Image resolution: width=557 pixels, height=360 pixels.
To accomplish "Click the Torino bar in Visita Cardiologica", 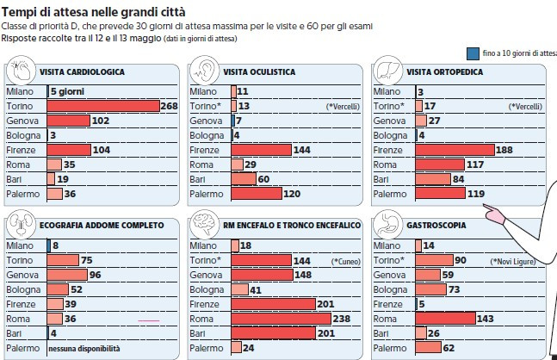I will (103, 106).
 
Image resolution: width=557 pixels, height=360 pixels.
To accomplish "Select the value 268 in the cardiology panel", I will (169, 106).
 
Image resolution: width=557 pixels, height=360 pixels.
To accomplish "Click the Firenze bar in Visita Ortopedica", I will (455, 150).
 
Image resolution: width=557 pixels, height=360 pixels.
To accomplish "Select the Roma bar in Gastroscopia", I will (445, 319).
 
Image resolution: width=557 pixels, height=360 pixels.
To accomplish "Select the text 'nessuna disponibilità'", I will (84, 349).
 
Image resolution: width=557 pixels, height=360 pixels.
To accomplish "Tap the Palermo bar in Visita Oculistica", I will (256, 194).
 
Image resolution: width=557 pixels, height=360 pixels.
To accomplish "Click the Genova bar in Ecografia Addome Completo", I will (67, 275).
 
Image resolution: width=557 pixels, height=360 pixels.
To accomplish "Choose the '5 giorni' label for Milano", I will (69, 91).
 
